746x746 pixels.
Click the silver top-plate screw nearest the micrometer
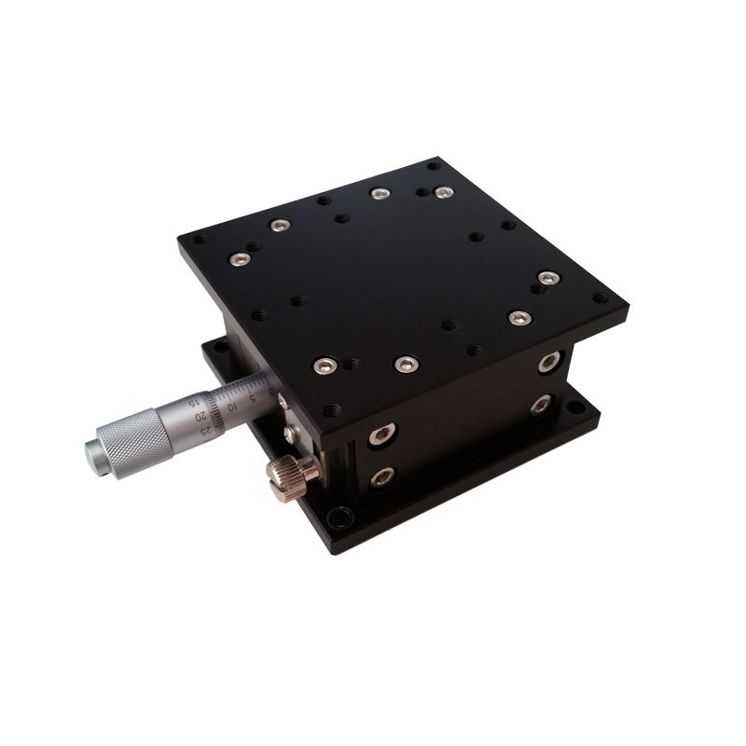(x=325, y=365)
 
